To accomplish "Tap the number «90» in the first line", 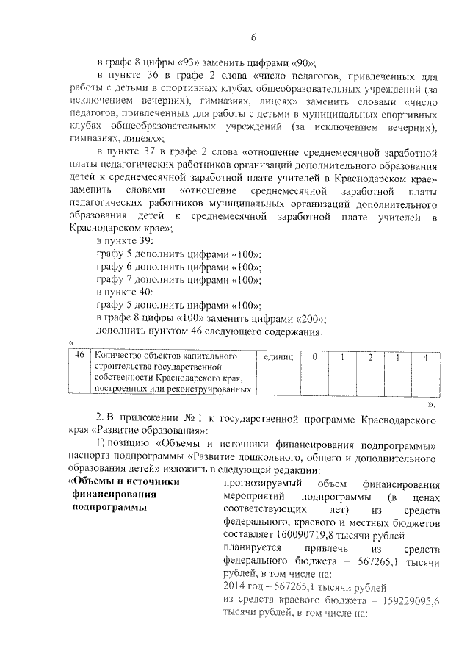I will pyautogui.click(x=304, y=62).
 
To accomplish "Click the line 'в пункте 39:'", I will pyautogui.click(x=126, y=241).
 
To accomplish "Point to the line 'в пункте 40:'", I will pyautogui.click(x=126, y=292).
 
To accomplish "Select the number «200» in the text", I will pyautogui.click(x=309, y=318).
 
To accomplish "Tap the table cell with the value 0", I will pyautogui.click(x=314, y=356).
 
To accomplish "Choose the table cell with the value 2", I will pyautogui.click(x=370, y=356).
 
